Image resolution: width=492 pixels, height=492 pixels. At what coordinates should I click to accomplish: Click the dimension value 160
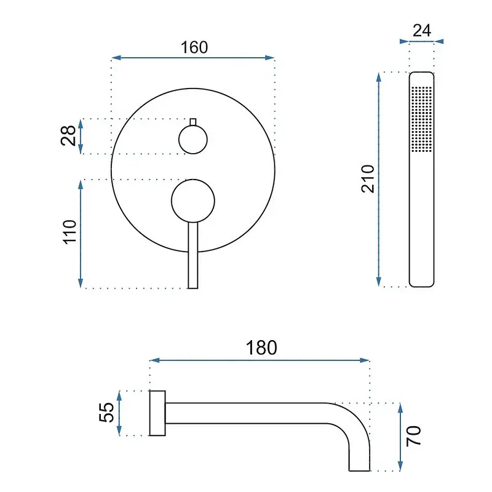194,47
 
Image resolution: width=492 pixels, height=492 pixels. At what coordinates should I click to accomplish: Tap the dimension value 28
68,135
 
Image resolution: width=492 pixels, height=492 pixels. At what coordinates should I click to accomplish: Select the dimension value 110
69,232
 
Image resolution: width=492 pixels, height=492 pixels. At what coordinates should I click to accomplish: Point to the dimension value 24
422,31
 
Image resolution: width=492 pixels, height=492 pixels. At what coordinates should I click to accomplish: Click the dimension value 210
368,178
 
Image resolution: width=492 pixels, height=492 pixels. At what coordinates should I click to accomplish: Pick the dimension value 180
261,347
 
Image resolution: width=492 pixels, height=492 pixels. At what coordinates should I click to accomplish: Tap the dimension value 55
106,412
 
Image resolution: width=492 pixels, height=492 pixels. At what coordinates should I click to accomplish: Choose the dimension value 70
413,436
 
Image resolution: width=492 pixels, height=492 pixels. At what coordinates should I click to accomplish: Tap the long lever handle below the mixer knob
193,255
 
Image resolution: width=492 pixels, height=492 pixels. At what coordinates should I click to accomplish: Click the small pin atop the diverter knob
193,122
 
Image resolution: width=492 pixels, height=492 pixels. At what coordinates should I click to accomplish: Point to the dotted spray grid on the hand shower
421,119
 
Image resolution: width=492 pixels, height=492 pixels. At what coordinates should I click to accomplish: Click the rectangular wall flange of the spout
157,413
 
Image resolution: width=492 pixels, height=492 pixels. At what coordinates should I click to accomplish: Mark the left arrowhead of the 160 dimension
116,58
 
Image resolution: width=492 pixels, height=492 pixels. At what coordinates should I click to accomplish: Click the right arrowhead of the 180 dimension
365,360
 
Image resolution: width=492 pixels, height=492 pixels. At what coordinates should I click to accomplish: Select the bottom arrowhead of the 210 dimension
379,282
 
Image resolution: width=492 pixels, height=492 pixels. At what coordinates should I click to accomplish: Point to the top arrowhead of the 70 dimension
400,408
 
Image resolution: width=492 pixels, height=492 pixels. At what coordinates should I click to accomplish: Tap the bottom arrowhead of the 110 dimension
81,283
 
